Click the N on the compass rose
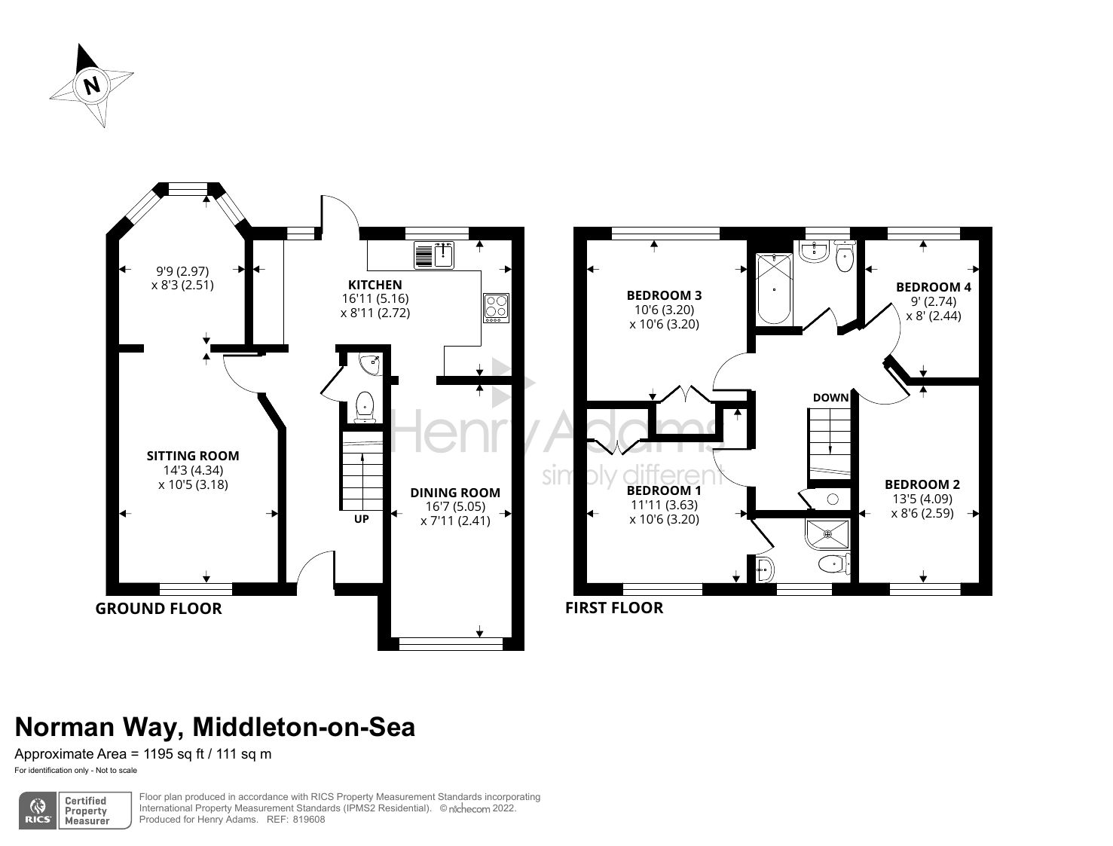92,84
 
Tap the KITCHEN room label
375,285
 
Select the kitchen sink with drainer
435,255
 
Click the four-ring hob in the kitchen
496,308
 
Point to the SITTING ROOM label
193,456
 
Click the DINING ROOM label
455,493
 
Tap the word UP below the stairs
362,519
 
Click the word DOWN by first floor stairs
830,397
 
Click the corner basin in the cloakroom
372,365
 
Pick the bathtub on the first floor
774,289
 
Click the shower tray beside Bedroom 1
827,534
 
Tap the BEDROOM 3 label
664,295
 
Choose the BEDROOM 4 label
933,287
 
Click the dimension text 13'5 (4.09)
922,499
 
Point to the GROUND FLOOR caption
158,609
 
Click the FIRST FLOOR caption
614,608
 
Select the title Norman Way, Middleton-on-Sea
215,727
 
